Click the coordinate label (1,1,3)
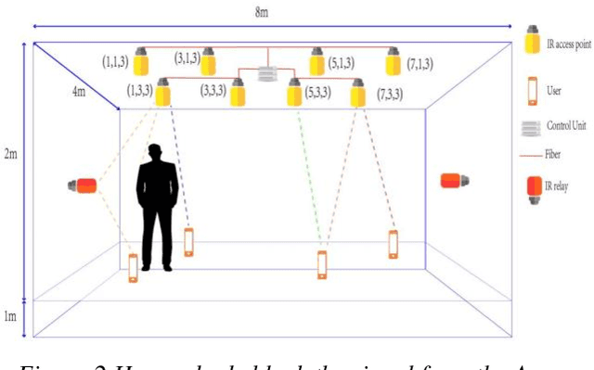(x=116, y=60)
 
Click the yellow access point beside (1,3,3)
(x=163, y=92)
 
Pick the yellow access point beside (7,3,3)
(x=357, y=92)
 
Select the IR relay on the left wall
(x=84, y=185)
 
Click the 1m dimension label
(x=10, y=317)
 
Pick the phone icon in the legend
(x=533, y=91)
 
